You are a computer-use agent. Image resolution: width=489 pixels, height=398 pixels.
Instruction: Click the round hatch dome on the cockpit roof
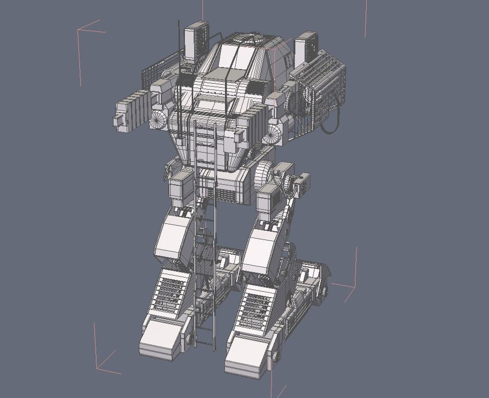point(252,38)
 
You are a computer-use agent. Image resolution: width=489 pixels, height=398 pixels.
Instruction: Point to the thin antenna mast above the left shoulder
point(180,41)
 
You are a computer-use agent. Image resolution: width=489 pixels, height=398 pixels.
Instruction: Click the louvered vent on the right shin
point(254,306)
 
